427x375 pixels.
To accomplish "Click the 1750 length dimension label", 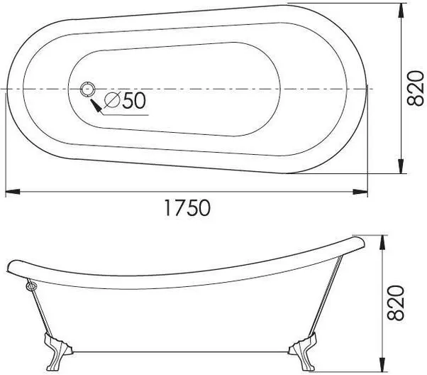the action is [x=188, y=207].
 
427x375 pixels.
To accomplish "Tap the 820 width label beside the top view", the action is [x=415, y=88].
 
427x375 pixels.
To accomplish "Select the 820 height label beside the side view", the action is [x=395, y=303].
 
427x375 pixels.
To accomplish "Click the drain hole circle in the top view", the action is [x=88, y=89].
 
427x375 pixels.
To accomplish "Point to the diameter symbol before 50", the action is [x=113, y=100].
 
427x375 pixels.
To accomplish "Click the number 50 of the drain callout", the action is [x=134, y=100].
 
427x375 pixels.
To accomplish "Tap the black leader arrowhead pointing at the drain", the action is [x=96, y=106].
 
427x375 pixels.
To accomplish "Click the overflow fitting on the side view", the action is [x=30, y=286].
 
